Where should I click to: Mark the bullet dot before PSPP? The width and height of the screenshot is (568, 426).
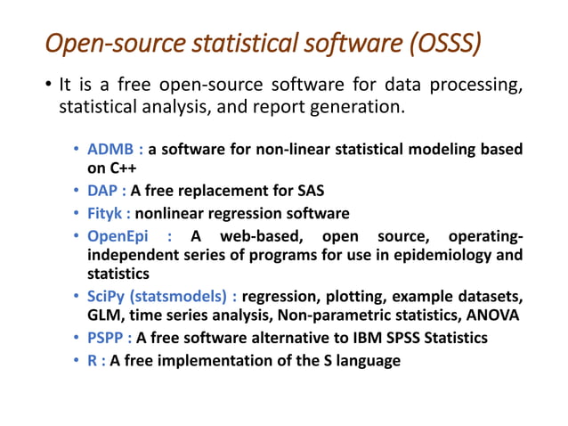pyautogui.click(x=77, y=338)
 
